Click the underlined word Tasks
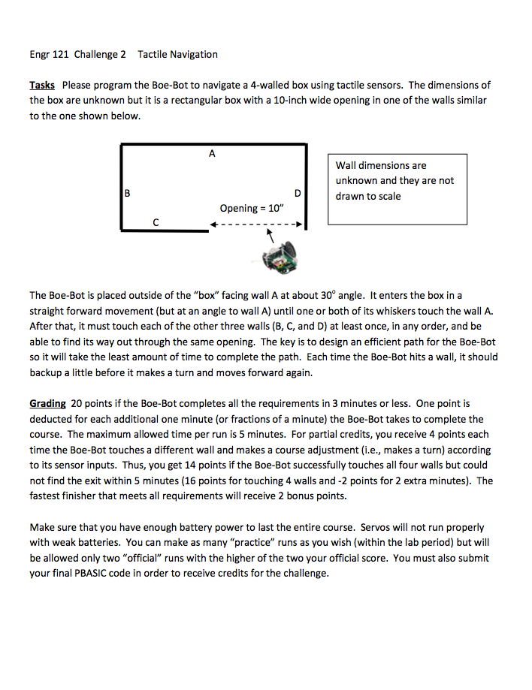(x=42, y=86)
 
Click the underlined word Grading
(x=47, y=404)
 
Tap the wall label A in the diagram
(x=212, y=154)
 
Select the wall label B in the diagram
(x=128, y=193)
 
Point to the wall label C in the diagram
(x=156, y=221)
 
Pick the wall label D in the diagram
(x=298, y=193)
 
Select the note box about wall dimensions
(x=397, y=188)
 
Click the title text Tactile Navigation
(x=178, y=54)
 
